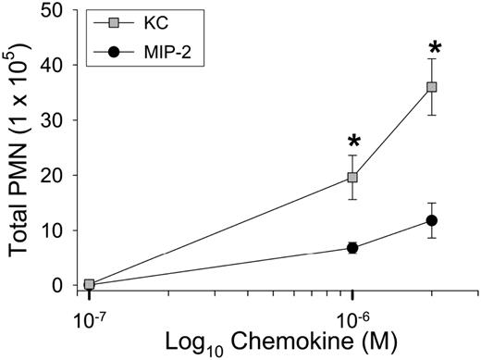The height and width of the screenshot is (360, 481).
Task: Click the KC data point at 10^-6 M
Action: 352,178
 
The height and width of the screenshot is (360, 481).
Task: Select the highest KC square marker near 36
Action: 431,87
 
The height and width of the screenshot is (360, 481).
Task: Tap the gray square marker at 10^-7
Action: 90,284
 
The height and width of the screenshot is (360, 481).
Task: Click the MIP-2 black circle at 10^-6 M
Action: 352,247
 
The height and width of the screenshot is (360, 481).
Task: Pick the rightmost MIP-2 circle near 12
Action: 431,220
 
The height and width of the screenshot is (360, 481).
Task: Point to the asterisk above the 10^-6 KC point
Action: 352,143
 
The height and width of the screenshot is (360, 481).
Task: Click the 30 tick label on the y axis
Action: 57,120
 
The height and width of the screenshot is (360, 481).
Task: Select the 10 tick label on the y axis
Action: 57,230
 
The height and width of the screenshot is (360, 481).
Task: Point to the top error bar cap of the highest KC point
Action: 431,59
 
